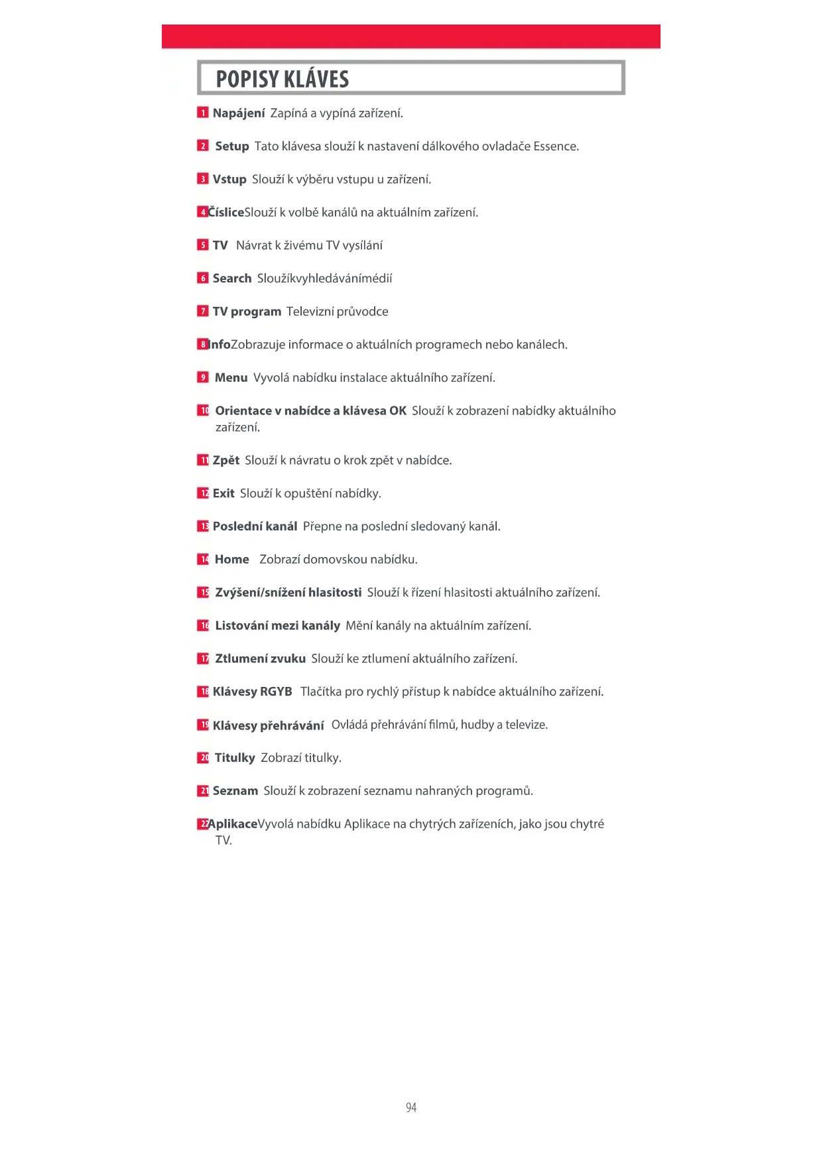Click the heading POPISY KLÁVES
[282, 79]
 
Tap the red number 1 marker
[203, 113]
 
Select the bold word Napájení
[239, 113]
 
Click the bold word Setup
[232, 147]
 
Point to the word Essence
[555, 147]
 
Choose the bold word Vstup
[229, 180]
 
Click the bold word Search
[232, 278]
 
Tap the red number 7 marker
[203, 311]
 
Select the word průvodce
[362, 312]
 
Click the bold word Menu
[231, 378]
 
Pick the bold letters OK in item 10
[398, 411]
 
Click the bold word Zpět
[226, 460]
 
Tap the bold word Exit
[223, 493]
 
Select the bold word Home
[232, 560]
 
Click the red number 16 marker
[203, 625]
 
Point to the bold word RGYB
[276, 692]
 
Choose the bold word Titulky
[235, 758]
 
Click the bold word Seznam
[235, 791]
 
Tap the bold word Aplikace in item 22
[233, 824]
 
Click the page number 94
[411, 1107]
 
